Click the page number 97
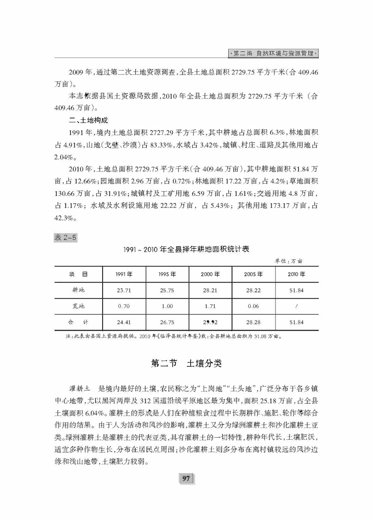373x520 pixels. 186,479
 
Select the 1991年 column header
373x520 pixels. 124,274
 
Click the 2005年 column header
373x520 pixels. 254,274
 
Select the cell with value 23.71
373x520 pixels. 124,290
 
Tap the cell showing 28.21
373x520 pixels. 210,290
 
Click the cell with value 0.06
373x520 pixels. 254,306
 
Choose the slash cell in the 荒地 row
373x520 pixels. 296,306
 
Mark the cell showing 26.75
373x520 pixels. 167,322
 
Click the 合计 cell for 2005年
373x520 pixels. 254,322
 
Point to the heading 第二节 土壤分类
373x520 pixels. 186,364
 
